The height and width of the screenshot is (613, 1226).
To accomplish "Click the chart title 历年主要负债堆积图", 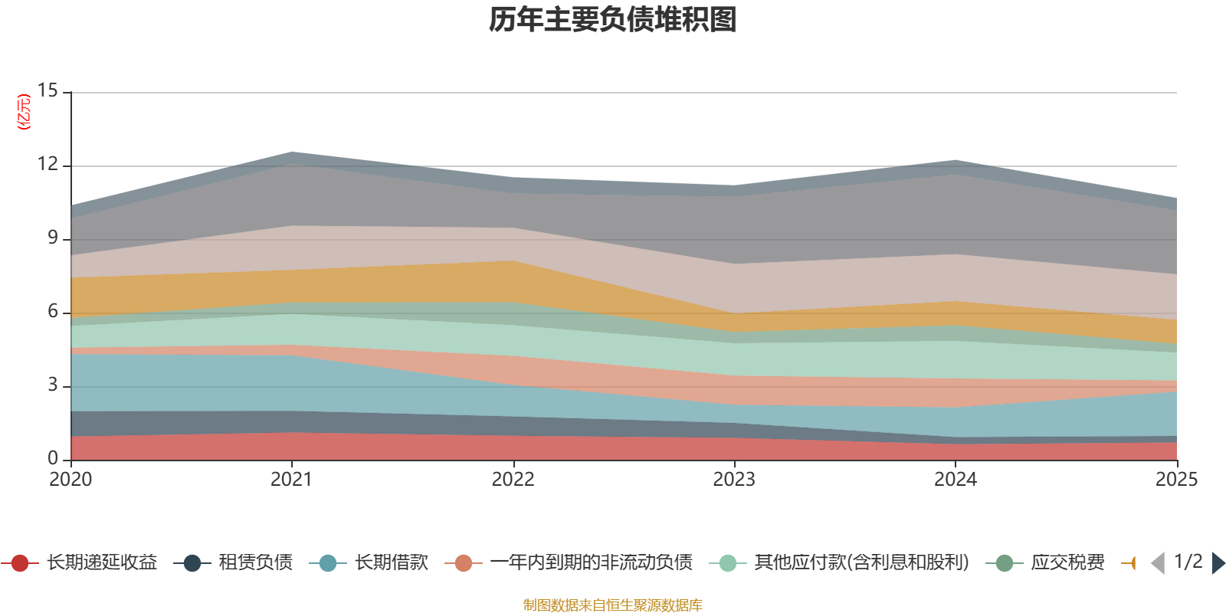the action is pyautogui.click(x=612, y=20).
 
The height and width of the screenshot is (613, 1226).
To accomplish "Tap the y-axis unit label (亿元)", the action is pyautogui.click(x=24, y=112).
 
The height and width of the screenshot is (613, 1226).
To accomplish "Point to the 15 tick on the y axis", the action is pyautogui.click(x=48, y=90).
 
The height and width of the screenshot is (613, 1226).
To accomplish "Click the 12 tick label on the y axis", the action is pyautogui.click(x=48, y=164).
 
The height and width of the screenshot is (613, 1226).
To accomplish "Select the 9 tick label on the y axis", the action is pyautogui.click(x=53, y=238).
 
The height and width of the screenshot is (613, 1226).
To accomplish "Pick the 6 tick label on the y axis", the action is pyautogui.click(x=53, y=311).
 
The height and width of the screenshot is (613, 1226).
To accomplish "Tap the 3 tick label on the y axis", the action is pyautogui.click(x=53, y=385).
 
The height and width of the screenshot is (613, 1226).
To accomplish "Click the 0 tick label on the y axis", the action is pyautogui.click(x=53, y=457).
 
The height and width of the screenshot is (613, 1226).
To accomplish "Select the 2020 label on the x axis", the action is pyautogui.click(x=70, y=480).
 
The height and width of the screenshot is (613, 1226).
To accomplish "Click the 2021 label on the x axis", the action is pyautogui.click(x=292, y=480).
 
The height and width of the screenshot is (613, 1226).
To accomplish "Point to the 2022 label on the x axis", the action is pyautogui.click(x=513, y=480).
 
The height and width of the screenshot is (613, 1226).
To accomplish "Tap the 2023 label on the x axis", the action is pyautogui.click(x=734, y=480).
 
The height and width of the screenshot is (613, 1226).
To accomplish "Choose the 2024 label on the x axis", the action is pyautogui.click(x=956, y=480).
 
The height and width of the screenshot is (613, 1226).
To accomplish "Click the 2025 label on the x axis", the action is pyautogui.click(x=1177, y=480).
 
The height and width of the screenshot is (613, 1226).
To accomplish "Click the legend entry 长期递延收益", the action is pyautogui.click(x=80, y=562).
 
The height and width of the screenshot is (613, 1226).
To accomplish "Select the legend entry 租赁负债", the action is pyautogui.click(x=233, y=562).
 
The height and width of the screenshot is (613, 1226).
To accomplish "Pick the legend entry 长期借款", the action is pyautogui.click(x=369, y=562).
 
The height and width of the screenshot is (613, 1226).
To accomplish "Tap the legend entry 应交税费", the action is pyautogui.click(x=1045, y=562).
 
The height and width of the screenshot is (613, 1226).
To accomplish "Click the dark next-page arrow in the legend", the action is pyautogui.click(x=1218, y=562).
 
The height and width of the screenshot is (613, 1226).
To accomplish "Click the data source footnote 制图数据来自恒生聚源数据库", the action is pyautogui.click(x=612, y=605).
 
